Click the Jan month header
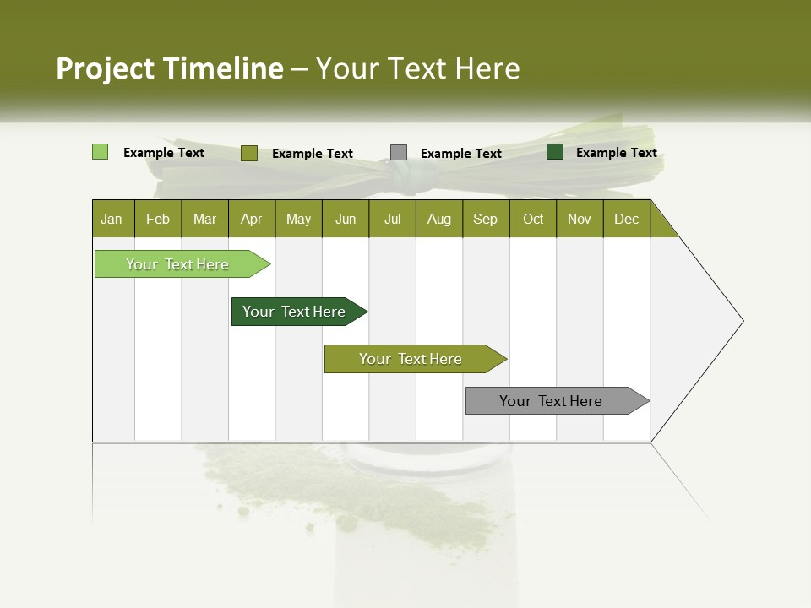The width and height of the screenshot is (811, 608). point(112,219)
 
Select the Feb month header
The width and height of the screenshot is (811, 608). point(158,219)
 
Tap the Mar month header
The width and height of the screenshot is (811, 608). point(204,219)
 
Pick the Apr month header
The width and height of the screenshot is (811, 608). point(252,219)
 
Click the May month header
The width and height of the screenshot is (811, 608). point(298,219)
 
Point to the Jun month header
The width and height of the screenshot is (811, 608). point(346,219)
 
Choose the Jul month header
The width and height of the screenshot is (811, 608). point(392,219)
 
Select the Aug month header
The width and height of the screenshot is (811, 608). point(439,219)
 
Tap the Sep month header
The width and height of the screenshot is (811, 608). point(486,219)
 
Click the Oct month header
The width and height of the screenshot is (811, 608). point(533,219)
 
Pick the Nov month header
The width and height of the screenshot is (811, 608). point(580,219)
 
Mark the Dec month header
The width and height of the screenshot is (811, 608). point(627,219)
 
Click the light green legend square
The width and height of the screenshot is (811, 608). point(101,152)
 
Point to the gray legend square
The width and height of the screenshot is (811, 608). point(399,153)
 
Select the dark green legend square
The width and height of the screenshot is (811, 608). point(555,152)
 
